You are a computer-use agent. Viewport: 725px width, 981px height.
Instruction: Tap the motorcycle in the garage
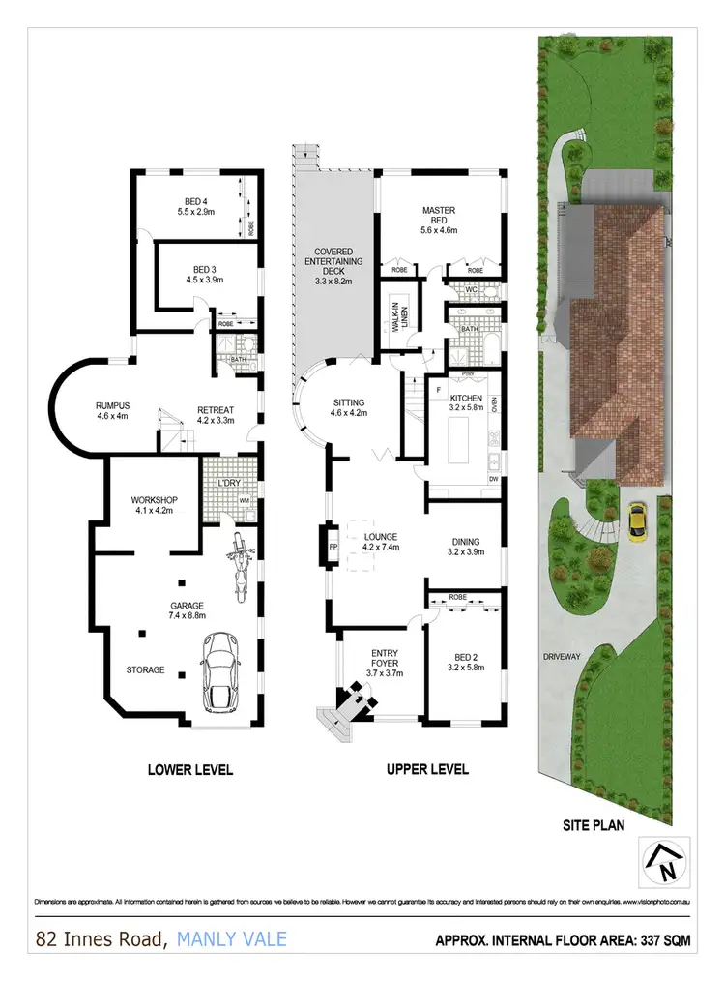(x=237, y=569)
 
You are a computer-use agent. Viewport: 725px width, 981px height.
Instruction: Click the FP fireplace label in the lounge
(x=333, y=547)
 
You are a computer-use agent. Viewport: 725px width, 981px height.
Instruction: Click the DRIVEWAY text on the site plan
(x=561, y=657)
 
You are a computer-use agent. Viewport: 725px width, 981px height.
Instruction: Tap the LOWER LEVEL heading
(x=189, y=770)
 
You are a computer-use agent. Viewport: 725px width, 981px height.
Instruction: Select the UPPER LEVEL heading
(x=427, y=770)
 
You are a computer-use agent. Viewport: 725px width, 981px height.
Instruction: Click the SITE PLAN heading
(x=594, y=825)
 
